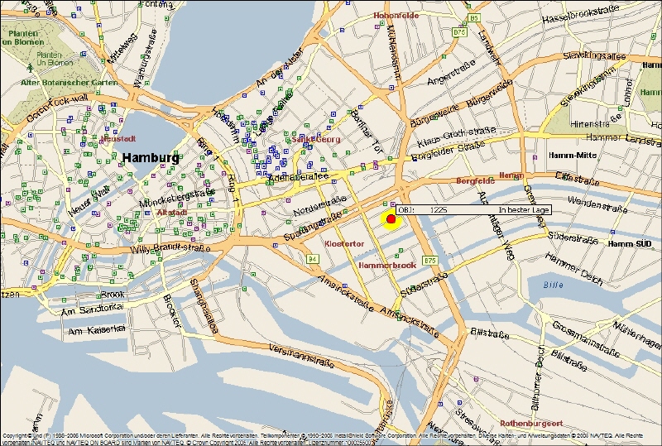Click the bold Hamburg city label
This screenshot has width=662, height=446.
150,157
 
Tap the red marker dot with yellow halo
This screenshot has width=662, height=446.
391,218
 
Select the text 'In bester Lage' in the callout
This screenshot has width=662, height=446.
524,210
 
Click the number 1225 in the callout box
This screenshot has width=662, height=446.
439,210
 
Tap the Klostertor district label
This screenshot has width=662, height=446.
344,245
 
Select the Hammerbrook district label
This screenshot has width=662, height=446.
386,266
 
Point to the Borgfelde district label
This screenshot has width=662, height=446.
475,180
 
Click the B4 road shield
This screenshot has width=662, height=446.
313,259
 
